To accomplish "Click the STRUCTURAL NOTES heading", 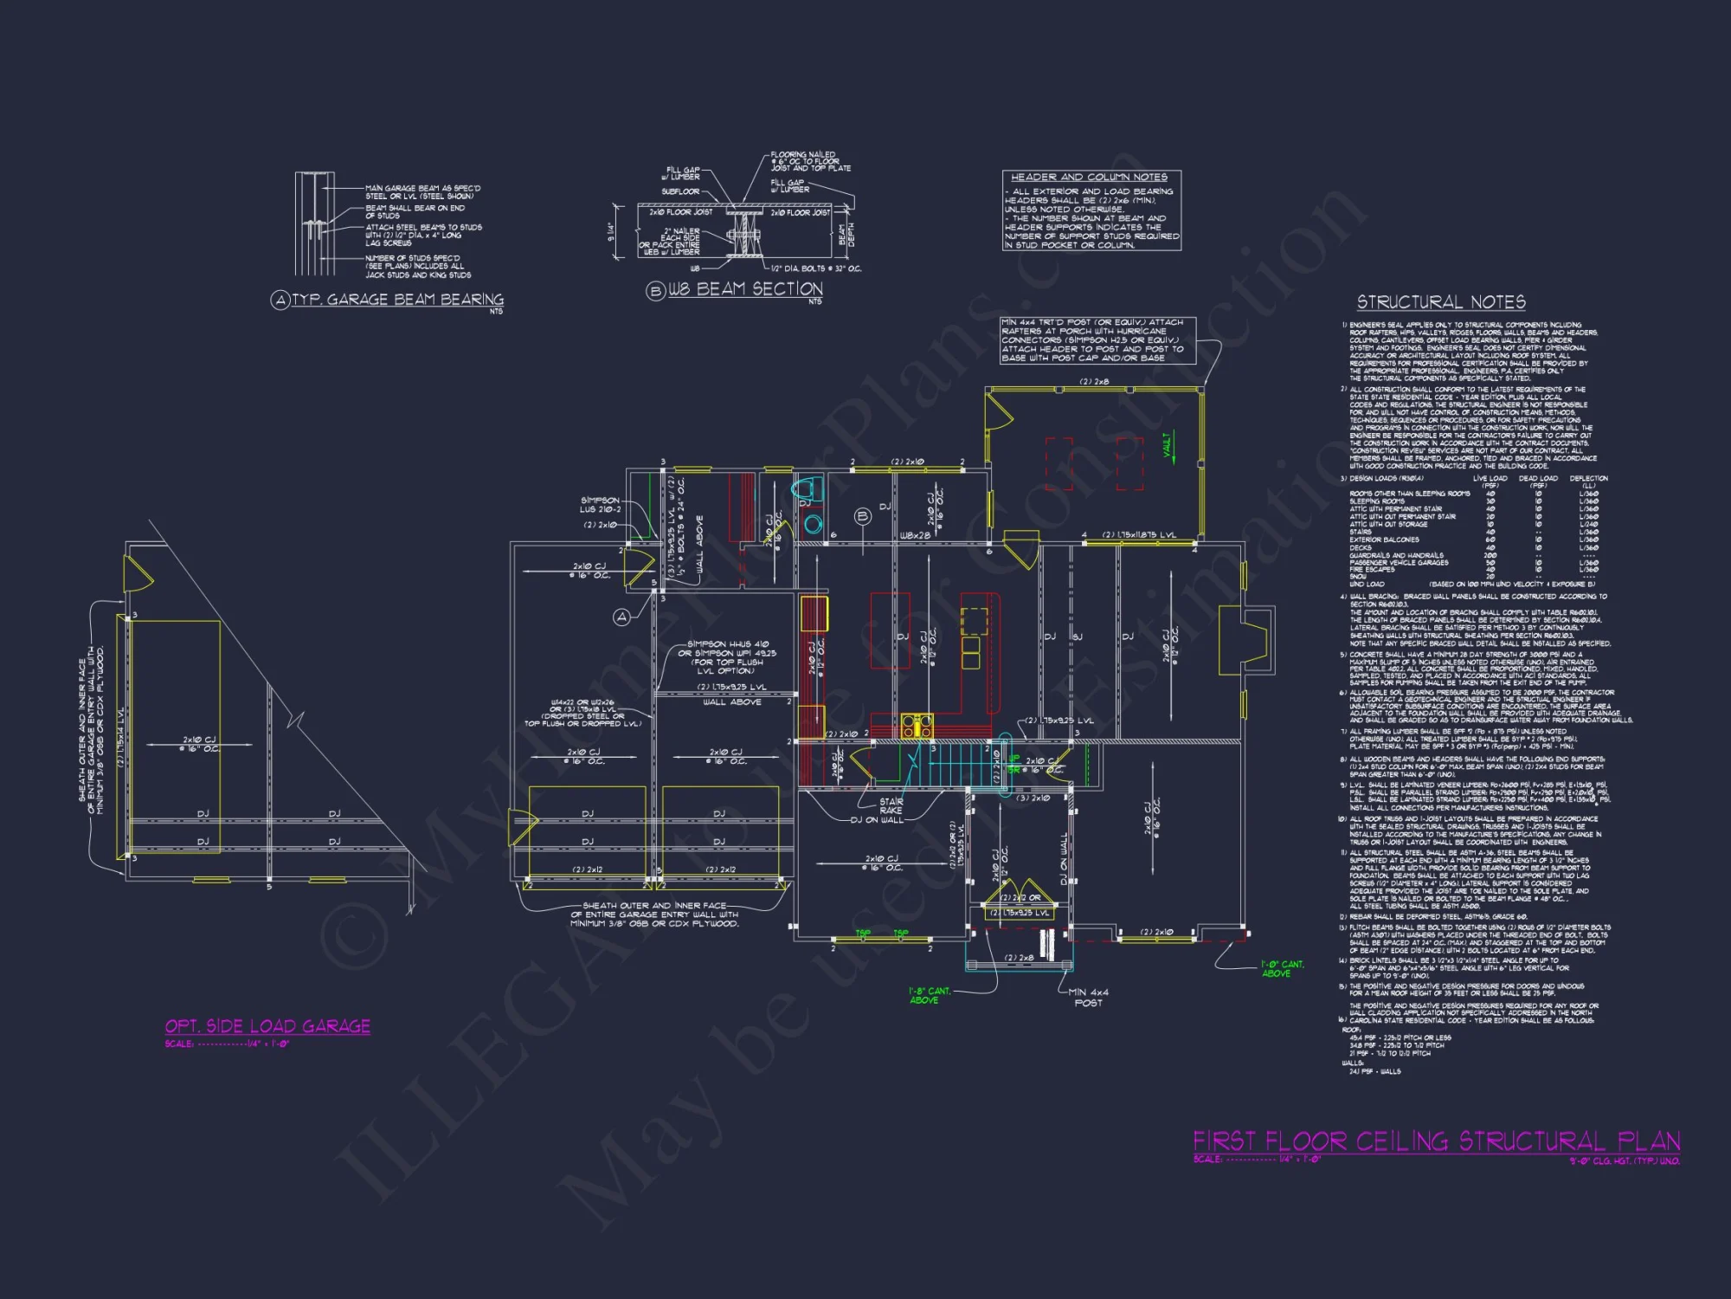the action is [1441, 302].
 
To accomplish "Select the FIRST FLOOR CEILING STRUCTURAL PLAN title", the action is [1437, 1141].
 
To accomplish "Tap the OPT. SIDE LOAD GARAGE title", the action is [267, 1026].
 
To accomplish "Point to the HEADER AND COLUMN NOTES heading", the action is [1089, 177].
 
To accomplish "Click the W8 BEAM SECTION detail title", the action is [745, 289].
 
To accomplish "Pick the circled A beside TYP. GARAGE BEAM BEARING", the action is [280, 300].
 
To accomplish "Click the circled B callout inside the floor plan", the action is [862, 517].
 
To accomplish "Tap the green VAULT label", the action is [1168, 445].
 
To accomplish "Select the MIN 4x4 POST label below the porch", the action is [1088, 998].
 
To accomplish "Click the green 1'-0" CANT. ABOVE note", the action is [1282, 969].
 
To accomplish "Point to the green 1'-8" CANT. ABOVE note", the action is [929, 995].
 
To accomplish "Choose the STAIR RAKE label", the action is [891, 806].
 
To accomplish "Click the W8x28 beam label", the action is [915, 536].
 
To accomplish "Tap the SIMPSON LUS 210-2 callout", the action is [600, 505].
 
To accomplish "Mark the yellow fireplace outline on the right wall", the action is [1245, 641].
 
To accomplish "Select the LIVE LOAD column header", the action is [1490, 479].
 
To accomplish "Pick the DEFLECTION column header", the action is [1588, 479].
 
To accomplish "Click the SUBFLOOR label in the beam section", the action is [680, 191].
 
